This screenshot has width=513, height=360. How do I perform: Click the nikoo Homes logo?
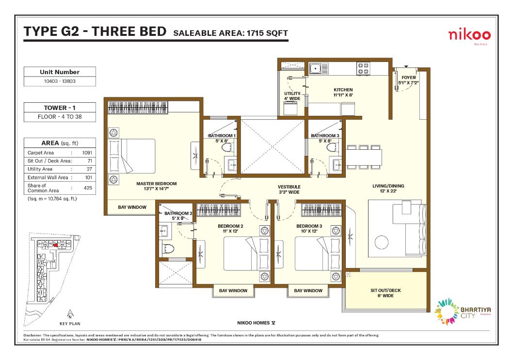coord(469,36)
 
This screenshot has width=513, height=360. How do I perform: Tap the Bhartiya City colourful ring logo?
coord(446,311)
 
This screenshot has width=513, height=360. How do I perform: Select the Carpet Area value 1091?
coord(87,153)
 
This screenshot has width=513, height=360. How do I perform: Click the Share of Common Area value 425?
coord(88,188)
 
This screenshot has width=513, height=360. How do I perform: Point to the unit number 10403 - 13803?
coord(60,81)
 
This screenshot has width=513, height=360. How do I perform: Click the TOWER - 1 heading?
coord(60,108)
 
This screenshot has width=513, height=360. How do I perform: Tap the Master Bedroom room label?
coord(157,186)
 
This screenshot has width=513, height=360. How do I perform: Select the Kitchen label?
coord(343,92)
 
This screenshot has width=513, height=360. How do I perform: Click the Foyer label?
coord(408,80)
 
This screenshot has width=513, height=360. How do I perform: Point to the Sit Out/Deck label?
coord(386,293)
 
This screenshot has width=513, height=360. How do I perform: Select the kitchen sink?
coord(315,69)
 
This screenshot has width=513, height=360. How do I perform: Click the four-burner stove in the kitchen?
coord(363,68)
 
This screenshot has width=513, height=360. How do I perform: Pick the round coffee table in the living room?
coord(382,242)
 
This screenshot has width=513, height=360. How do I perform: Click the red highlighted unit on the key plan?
coord(56,245)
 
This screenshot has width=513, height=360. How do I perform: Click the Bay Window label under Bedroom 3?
coord(308,290)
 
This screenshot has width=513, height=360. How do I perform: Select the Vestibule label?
coord(289,189)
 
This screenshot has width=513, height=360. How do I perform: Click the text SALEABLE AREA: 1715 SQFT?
coord(231,33)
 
